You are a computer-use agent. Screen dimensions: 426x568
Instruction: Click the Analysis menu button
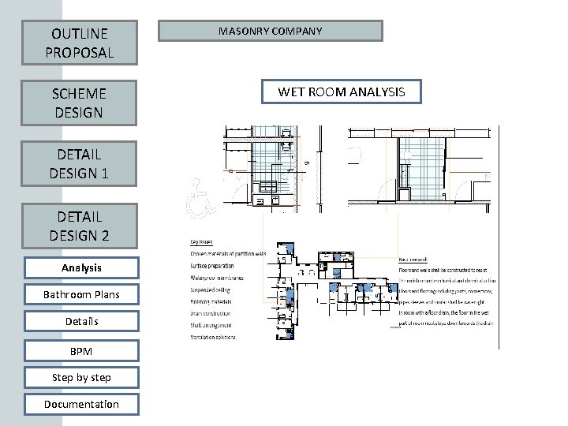coord(81,268)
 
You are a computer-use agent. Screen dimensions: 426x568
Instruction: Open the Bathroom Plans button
coord(81,295)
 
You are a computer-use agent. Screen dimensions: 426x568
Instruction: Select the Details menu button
coord(81,321)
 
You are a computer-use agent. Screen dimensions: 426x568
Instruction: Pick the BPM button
coord(81,349)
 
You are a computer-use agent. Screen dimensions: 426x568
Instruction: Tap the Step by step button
coord(81,376)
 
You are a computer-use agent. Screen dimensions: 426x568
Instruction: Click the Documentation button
coord(81,404)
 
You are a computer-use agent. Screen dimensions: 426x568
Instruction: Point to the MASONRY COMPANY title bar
coord(271,31)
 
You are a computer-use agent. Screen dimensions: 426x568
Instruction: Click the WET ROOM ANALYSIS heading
coord(341,92)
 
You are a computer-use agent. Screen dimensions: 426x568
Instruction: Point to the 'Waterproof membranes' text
coord(216,277)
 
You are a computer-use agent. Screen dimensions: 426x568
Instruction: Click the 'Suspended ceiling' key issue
coord(211,289)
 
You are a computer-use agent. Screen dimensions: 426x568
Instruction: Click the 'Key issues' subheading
coord(203,242)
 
